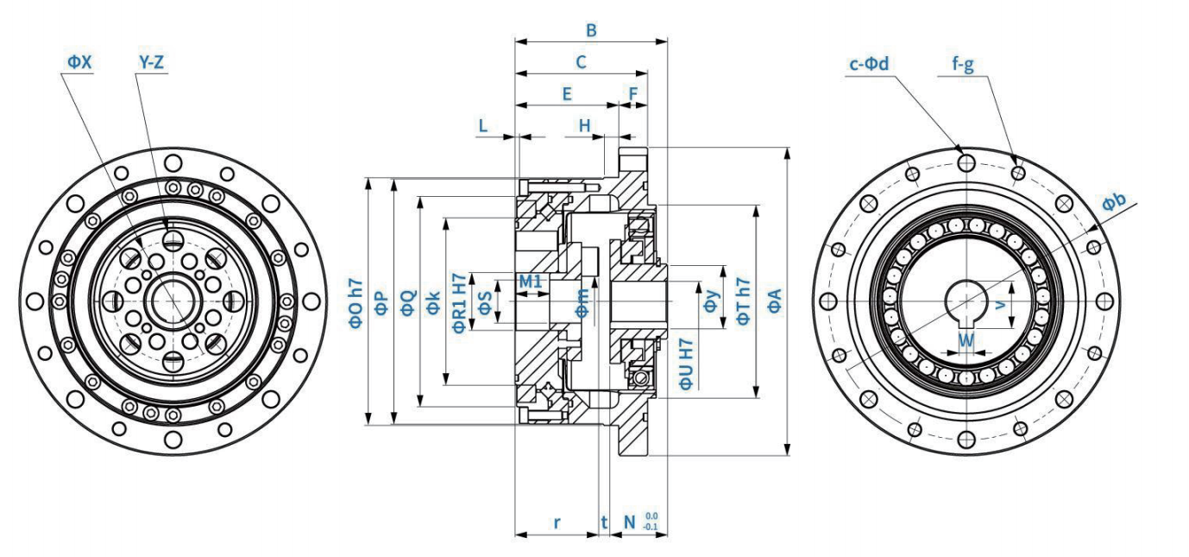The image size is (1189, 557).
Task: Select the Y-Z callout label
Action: [x=152, y=63]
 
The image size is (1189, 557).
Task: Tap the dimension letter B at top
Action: [x=591, y=30]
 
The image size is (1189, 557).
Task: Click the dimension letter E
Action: [x=567, y=94]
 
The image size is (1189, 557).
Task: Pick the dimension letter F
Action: [x=634, y=93]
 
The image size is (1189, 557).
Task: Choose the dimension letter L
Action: [x=483, y=125]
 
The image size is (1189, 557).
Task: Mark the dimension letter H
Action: [x=585, y=125]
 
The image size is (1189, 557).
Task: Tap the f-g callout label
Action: [x=963, y=64]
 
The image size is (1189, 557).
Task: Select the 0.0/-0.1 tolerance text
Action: [x=651, y=522]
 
